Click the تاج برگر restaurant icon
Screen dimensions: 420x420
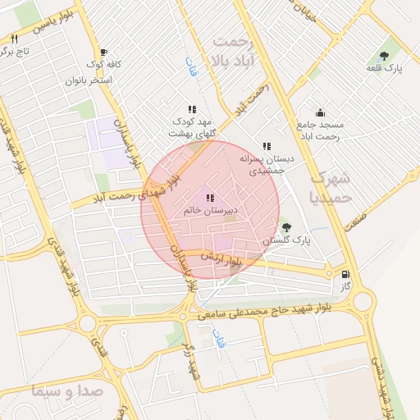14,39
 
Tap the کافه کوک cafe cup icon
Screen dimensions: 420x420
103,52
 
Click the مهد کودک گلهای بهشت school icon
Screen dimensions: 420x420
192,109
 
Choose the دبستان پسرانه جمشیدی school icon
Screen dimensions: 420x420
267,146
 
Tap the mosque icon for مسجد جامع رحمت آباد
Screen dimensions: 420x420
320,113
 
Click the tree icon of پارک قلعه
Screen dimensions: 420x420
384,56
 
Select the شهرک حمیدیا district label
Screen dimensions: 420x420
332,188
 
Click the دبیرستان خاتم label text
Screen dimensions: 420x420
211,211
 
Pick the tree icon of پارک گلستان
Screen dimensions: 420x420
285,227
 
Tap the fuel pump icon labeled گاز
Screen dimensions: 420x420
345,274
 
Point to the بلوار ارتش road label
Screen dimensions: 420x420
240,260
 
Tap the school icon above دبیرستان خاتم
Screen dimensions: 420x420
210,198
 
